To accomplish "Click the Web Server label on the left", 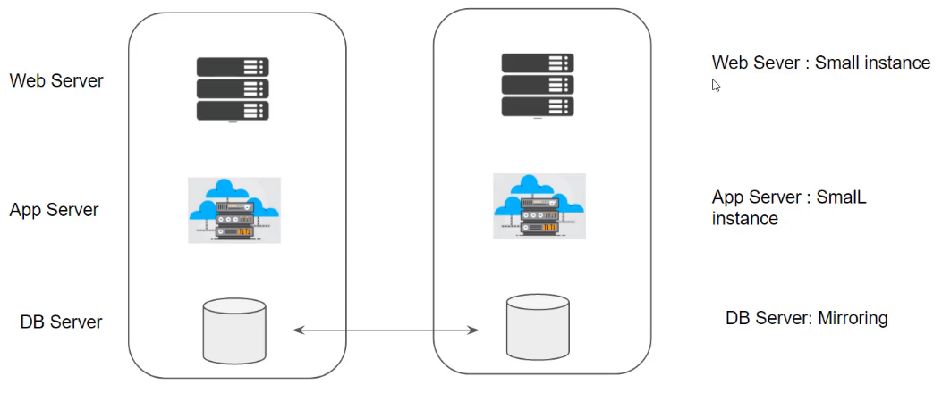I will pyautogui.click(x=56, y=81).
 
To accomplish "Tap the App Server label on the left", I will pyautogui.click(x=54, y=211).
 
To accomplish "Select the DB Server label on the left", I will pyautogui.click(x=61, y=322).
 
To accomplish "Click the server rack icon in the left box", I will pyautogui.click(x=233, y=89).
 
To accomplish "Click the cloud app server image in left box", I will pyautogui.click(x=234, y=210).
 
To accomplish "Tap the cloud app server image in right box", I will pyautogui.click(x=539, y=207).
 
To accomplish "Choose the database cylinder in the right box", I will pyautogui.click(x=539, y=327).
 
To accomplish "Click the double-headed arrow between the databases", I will pyautogui.click(x=386, y=331).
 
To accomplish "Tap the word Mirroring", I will pyautogui.click(x=853, y=318).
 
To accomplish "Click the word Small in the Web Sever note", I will pyautogui.click(x=837, y=63).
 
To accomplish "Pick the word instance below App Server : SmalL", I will pyautogui.click(x=744, y=218).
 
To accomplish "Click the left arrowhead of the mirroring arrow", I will pyautogui.click(x=298, y=331).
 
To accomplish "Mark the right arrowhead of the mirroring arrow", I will pyautogui.click(x=475, y=331).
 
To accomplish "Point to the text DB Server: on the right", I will pyautogui.click(x=768, y=318).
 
